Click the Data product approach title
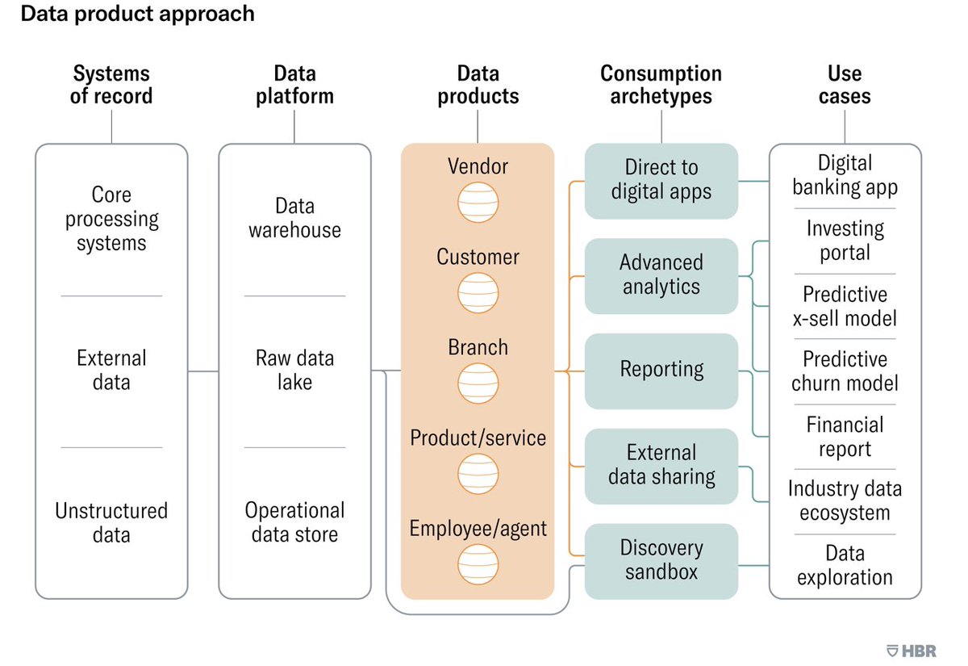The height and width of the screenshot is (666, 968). [x=137, y=15]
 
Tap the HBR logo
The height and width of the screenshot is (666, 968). [x=911, y=651]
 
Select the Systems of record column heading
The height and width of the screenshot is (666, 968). [x=111, y=85]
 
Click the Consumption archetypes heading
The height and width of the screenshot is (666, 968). [x=661, y=85]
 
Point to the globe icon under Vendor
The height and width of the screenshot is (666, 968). [x=478, y=203]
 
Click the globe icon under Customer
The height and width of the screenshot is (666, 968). [x=478, y=293]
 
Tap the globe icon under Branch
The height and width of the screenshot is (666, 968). [x=478, y=383]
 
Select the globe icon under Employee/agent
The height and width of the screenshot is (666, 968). [x=478, y=564]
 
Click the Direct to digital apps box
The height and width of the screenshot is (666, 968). [x=661, y=181]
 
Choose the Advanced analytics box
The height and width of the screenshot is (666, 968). [x=661, y=276]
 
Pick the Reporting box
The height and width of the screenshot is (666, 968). [x=661, y=371]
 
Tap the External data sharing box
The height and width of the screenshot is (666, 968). [x=661, y=467]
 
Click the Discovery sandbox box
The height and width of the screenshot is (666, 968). [x=661, y=561]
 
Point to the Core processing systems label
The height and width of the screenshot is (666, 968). [x=111, y=219]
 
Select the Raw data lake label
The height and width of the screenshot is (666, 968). [x=294, y=371]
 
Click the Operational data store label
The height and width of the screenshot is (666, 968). [x=294, y=522]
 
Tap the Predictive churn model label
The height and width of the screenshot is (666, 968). [x=845, y=371]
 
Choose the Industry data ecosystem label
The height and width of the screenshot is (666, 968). [x=845, y=501]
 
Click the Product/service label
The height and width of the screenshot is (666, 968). [x=478, y=438]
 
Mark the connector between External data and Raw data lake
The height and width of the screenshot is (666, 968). [x=203, y=371]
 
